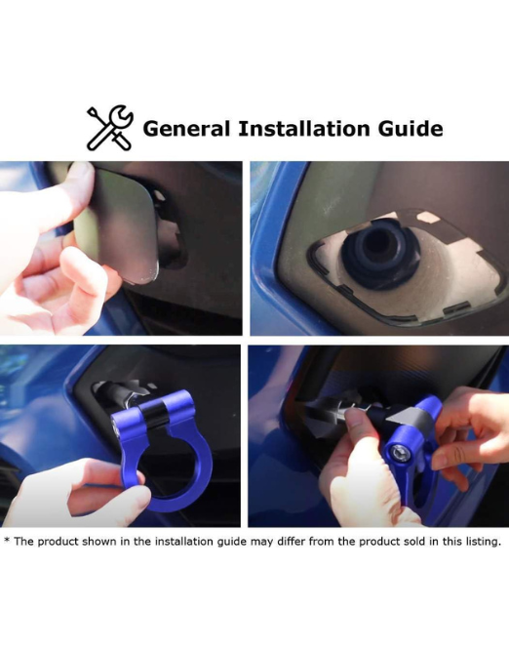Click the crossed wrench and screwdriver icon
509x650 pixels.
pyautogui.click(x=110, y=127)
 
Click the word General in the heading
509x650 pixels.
pyautogui.click(x=186, y=129)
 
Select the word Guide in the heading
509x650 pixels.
pyautogui.click(x=411, y=129)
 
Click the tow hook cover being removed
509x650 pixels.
pyautogui.click(x=120, y=223)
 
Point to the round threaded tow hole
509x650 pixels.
pyautogui.click(x=380, y=253)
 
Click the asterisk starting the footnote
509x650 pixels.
pyautogui.click(x=7, y=541)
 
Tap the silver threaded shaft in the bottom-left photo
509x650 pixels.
pyautogui.click(x=120, y=394)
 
